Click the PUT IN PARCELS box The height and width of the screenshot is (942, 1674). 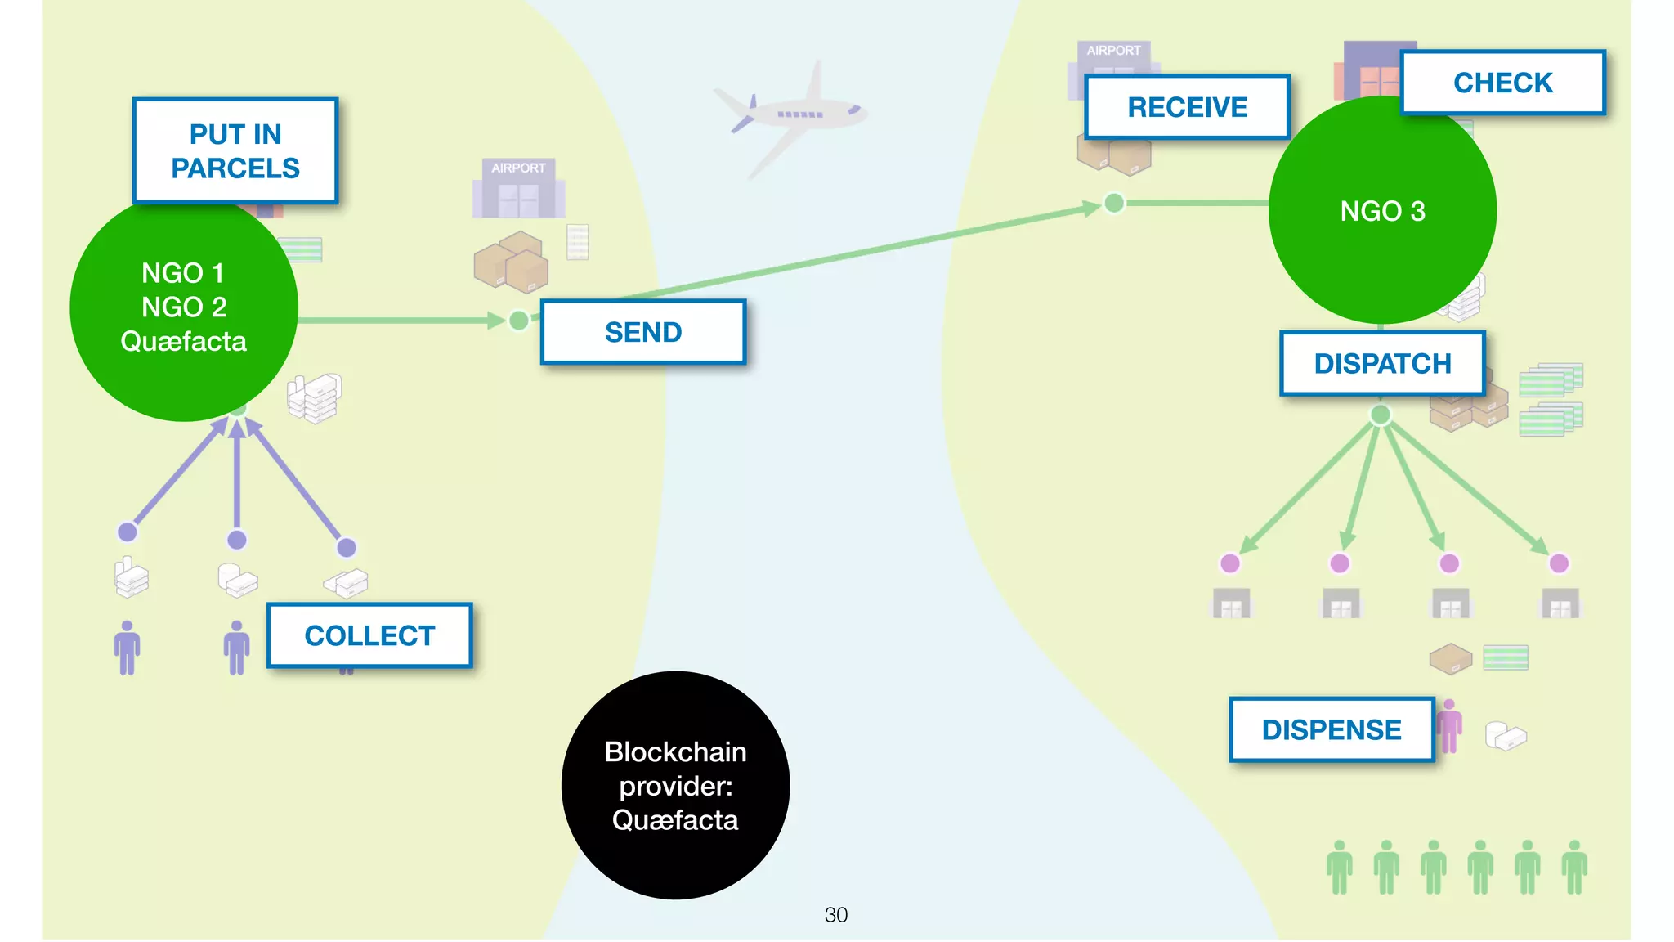(235, 151)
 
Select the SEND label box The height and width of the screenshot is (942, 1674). (643, 332)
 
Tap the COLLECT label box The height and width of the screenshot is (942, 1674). (369, 635)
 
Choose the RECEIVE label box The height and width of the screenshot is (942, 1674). (1187, 107)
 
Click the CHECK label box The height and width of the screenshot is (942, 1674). (1502, 83)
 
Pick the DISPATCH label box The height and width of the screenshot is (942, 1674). (1382, 363)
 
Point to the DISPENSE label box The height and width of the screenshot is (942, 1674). (1332, 729)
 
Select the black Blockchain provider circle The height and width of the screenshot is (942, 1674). (675, 786)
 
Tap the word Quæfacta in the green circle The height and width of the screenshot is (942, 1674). (183, 341)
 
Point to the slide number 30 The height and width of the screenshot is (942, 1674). (835, 914)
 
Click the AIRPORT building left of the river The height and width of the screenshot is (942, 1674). (518, 190)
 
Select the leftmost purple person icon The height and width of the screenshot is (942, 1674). (127, 648)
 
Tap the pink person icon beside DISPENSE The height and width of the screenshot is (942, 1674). (1449, 725)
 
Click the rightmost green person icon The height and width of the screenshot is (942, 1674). (1574, 867)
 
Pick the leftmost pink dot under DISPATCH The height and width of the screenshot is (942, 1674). (1229, 563)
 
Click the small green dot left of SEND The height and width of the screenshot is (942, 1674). (518, 321)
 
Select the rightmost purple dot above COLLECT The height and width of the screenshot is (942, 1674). (347, 547)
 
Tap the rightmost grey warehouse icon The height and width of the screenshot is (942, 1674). (1560, 603)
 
